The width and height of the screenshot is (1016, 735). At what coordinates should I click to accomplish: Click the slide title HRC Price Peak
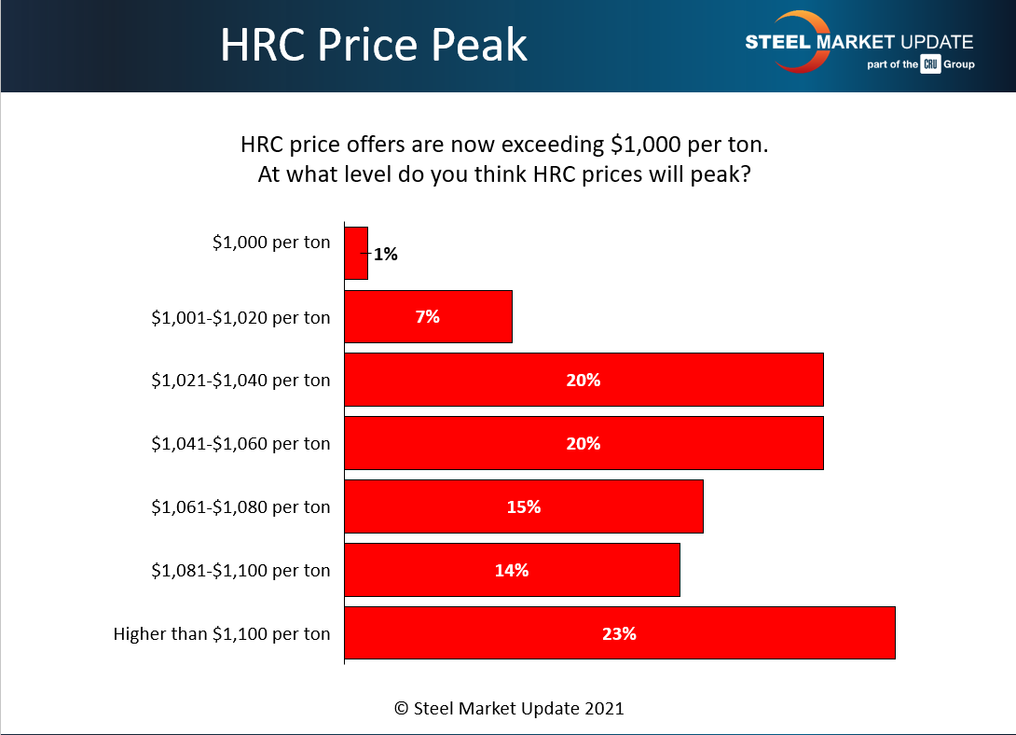(x=373, y=46)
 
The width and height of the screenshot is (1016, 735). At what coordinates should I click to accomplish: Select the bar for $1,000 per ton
(x=356, y=253)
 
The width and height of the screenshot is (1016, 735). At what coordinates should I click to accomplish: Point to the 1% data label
(x=385, y=254)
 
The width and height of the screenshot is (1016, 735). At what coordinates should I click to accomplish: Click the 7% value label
(x=428, y=316)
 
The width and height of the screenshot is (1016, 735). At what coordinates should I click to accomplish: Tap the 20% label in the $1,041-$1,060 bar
(x=584, y=443)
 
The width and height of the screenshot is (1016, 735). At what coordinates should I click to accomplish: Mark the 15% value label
(x=524, y=506)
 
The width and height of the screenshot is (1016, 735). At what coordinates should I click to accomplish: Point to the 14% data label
(x=512, y=570)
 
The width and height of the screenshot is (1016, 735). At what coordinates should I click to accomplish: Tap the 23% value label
(x=619, y=633)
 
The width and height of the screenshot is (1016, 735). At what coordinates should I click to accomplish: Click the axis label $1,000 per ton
(x=271, y=242)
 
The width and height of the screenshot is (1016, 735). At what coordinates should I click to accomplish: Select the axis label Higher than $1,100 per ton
(x=222, y=633)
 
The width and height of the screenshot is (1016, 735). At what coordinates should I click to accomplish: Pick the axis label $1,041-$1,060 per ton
(x=240, y=443)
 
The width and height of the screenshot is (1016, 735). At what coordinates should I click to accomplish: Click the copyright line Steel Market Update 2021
(x=509, y=708)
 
